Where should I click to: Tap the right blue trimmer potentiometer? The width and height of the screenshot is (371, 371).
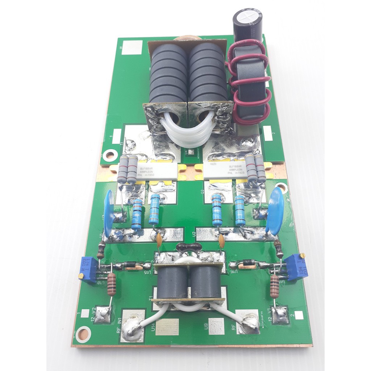[296, 267]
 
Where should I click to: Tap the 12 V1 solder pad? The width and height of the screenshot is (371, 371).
[280, 314]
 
